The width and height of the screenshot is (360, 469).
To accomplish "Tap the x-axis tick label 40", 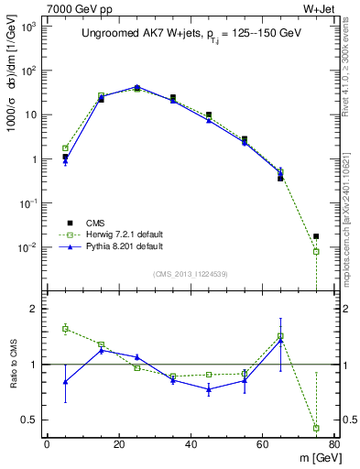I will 191,446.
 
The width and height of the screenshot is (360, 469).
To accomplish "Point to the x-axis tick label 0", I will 47,446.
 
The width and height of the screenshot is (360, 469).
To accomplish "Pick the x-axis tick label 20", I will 118,446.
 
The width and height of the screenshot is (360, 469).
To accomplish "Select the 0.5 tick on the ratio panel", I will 29,420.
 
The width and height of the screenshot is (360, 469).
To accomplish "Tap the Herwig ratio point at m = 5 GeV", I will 65,328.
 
